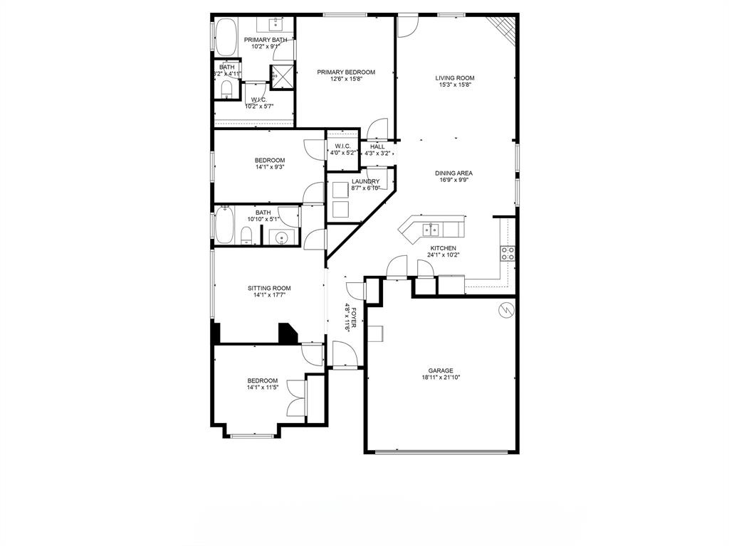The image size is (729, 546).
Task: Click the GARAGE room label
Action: pos(441,370)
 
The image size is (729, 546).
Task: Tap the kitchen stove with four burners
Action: pos(508,254)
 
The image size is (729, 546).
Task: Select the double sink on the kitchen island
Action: pos(431,229)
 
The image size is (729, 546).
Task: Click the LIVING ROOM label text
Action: pos(455,78)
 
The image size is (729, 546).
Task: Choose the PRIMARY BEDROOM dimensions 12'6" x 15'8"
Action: pos(345,80)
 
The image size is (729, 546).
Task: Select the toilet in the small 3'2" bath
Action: pos(226,88)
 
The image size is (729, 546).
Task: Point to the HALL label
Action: pos(377,146)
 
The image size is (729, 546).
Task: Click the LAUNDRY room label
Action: pos(365,181)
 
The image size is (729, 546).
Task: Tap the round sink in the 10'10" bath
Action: pos(282,238)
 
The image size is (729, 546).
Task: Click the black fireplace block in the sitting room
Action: pos(288,333)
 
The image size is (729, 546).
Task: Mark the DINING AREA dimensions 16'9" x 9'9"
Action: pos(455,181)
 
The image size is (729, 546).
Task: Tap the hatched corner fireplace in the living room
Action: pos(505,27)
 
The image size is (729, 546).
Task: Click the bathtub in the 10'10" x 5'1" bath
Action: pos(225,227)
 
